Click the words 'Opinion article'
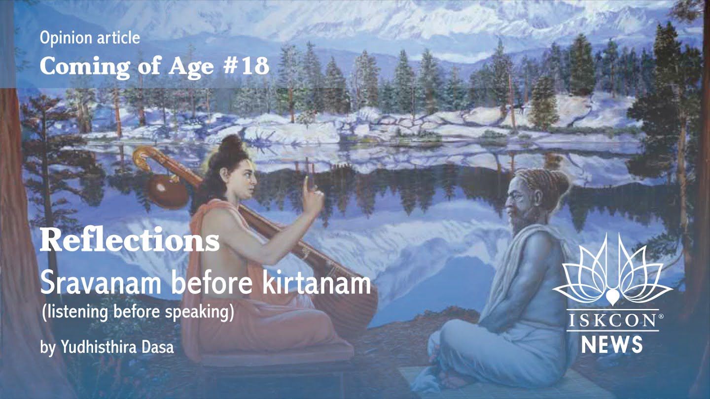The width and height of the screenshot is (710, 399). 90,38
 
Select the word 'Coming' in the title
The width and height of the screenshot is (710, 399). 85,67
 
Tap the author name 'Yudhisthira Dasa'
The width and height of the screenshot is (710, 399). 117,347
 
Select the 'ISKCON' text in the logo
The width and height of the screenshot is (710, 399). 611,321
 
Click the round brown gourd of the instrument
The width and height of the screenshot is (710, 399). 168,190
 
